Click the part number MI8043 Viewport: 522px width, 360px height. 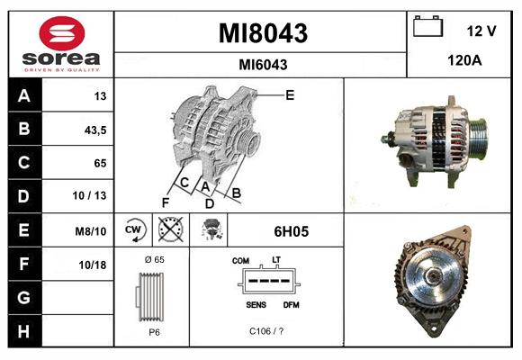pyautogui.click(x=263, y=33)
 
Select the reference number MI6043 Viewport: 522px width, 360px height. pyautogui.click(x=263, y=64)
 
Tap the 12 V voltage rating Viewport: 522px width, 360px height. pyautogui.click(x=481, y=31)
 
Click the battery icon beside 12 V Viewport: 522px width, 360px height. pyautogui.click(x=427, y=27)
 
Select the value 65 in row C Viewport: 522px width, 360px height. pyautogui.click(x=99, y=164)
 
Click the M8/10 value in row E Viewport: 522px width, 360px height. pyautogui.click(x=92, y=231)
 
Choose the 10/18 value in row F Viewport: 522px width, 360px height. pyautogui.click(x=94, y=265)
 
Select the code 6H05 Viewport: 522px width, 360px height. pyautogui.click(x=291, y=231)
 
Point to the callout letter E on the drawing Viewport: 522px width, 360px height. pyautogui.click(x=290, y=94)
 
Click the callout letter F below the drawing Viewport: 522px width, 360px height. pyautogui.click(x=166, y=202)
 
